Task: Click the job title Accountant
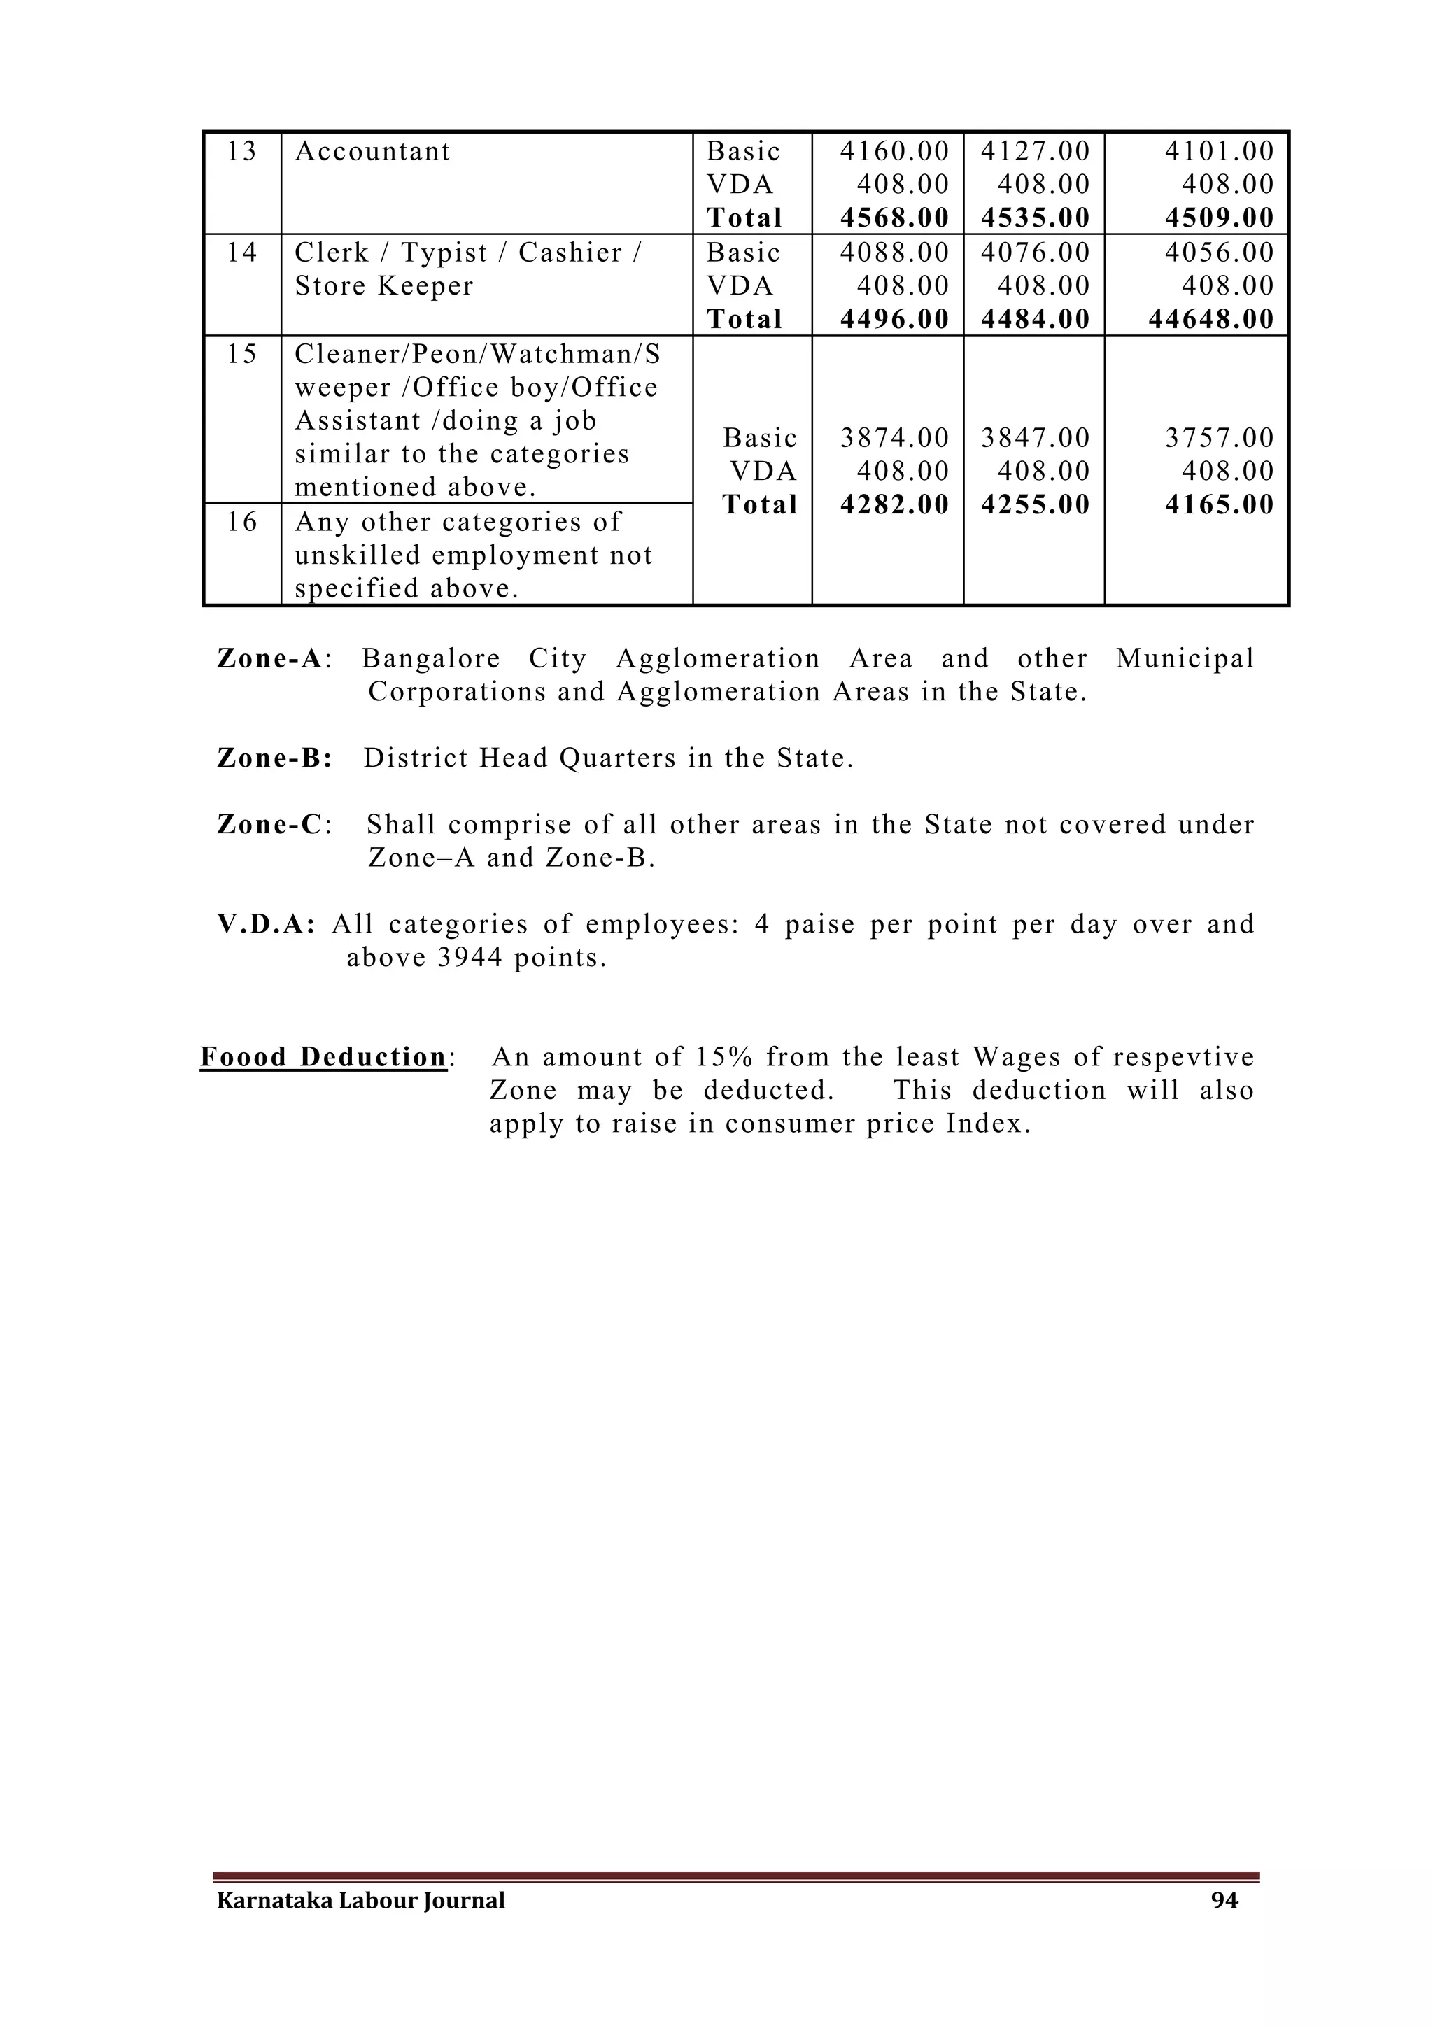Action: (372, 152)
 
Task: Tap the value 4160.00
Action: (894, 152)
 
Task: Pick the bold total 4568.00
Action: (894, 218)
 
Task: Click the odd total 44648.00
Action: (1210, 320)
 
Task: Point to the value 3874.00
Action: (894, 439)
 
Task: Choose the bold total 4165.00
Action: (1219, 504)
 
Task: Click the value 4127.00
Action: (1035, 152)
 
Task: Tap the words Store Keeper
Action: (384, 287)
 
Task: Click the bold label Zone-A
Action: (269, 659)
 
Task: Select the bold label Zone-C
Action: (269, 825)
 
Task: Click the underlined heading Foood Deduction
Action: (323, 1057)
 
